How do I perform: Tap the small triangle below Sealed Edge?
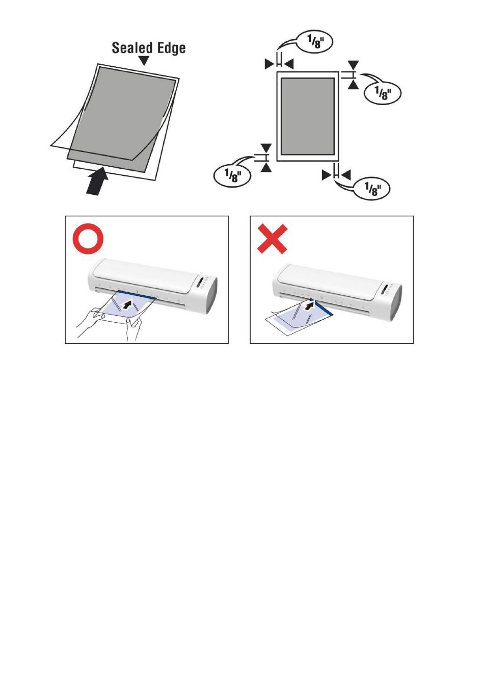[x=144, y=61]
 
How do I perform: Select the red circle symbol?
[x=88, y=239]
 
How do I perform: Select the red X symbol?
[x=272, y=239]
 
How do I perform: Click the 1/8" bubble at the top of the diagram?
[x=314, y=42]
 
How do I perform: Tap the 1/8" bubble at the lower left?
[x=232, y=176]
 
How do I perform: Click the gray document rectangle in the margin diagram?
[x=308, y=116]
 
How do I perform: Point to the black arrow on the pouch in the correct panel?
[x=126, y=304]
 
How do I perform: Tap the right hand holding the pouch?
[x=133, y=330]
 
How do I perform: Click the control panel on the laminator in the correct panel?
[x=202, y=283]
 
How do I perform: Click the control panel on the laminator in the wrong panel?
[x=388, y=289]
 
